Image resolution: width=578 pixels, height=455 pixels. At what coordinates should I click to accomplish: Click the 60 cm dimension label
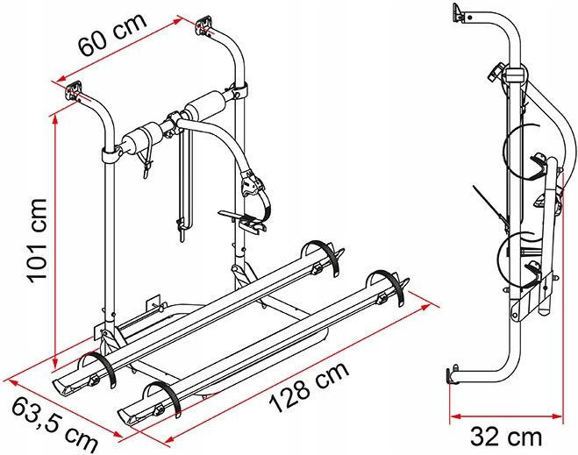(112, 34)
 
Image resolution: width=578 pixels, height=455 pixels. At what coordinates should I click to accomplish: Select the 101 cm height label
(38, 241)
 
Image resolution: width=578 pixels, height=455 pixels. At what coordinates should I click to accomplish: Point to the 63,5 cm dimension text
(54, 423)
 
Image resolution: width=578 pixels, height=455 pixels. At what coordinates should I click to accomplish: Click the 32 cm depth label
(506, 437)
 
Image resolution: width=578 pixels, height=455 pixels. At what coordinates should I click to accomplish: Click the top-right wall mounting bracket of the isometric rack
(204, 25)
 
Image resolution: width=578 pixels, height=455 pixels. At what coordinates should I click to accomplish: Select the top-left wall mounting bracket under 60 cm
(74, 91)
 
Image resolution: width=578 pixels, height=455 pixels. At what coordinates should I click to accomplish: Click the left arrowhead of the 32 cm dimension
(455, 416)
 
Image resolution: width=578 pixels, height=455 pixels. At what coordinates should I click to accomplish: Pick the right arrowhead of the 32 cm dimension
(557, 416)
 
